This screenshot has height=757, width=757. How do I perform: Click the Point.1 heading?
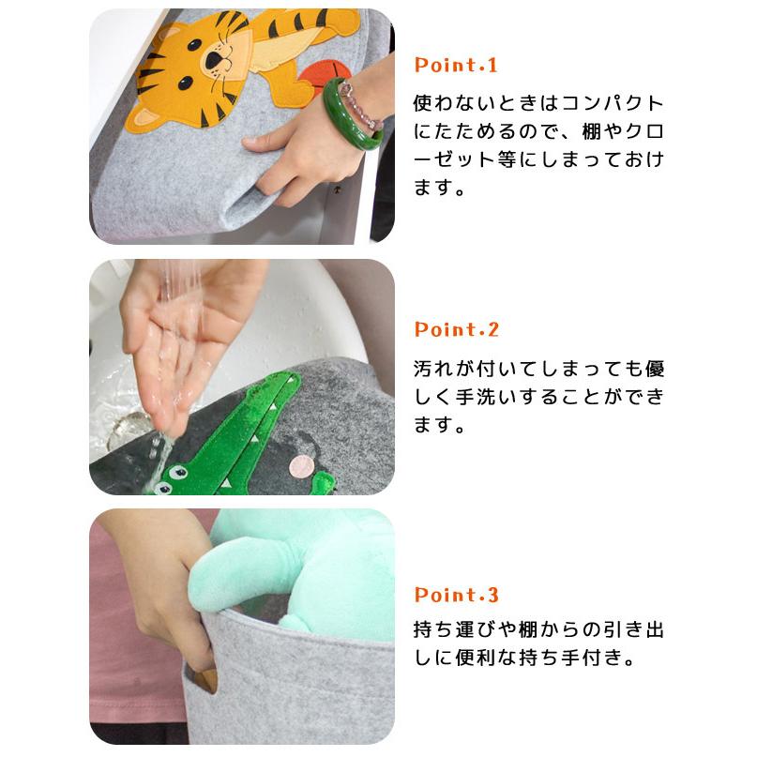pyautogui.click(x=455, y=66)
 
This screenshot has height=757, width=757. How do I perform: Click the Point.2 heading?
pyautogui.click(x=456, y=330)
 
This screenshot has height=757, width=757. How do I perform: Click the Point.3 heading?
pyautogui.click(x=456, y=596)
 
